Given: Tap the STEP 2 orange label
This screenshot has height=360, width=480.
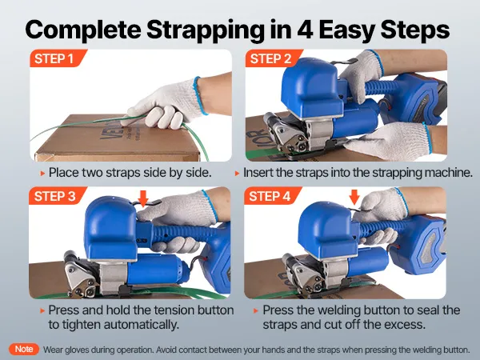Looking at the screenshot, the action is click(274, 58).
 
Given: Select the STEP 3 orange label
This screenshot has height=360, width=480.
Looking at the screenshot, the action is click(58, 196).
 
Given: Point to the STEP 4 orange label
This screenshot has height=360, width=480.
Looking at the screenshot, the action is click(273, 196).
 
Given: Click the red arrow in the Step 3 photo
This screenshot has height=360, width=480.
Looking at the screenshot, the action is click(143, 198).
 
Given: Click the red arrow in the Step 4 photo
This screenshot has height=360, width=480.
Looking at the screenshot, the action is click(354, 197).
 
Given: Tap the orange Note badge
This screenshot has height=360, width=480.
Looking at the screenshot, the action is click(24, 349).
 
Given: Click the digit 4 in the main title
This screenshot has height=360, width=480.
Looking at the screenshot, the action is click(305, 30).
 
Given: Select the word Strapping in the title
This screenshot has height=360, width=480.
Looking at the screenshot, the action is click(205, 30).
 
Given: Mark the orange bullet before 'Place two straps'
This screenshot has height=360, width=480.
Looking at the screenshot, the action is click(42, 174).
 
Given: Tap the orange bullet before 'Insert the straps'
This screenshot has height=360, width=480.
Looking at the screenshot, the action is click(237, 174).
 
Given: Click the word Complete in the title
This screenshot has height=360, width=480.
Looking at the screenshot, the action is click(83, 30).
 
